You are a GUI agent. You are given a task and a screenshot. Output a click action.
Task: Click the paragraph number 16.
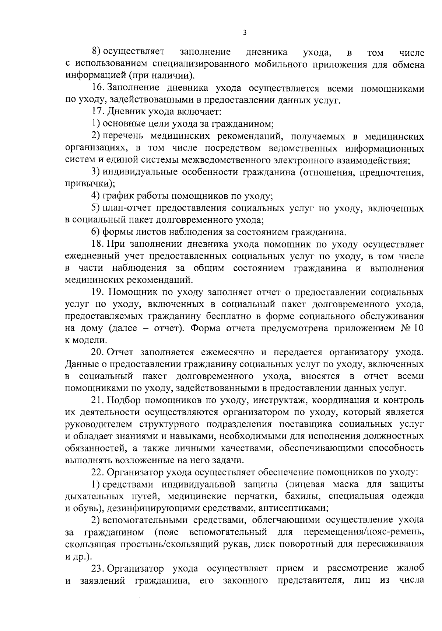tap(97, 89)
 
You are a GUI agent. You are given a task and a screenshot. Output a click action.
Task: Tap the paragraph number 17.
tap(97, 112)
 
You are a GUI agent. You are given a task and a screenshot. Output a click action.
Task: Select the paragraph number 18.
tap(97, 244)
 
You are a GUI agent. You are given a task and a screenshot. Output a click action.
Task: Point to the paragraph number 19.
tap(98, 292)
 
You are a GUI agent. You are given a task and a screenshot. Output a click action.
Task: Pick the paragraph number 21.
tap(97, 400)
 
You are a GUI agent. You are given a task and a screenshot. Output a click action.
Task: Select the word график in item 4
tap(117, 196)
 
